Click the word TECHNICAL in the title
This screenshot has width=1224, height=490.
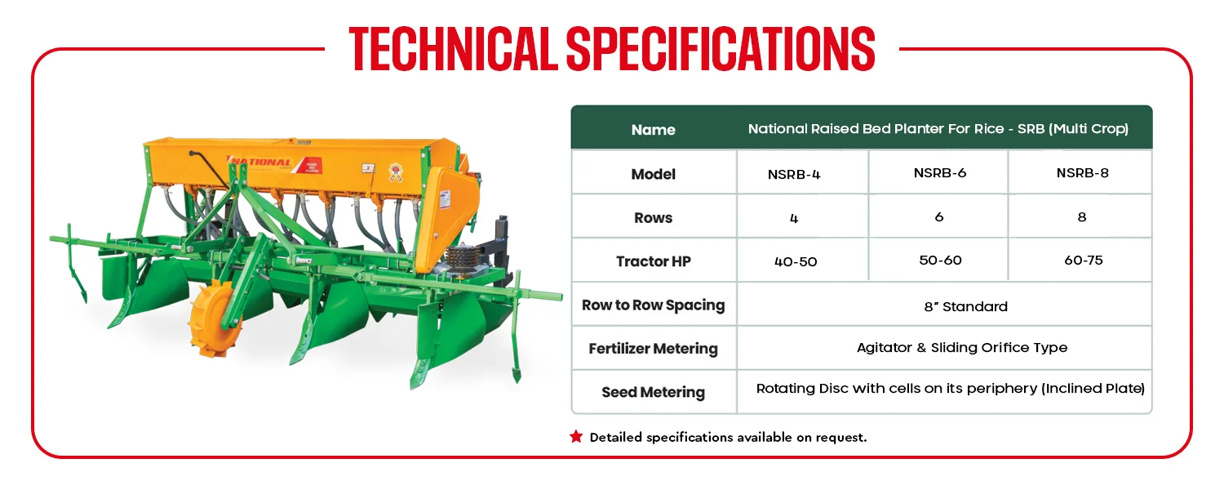453,49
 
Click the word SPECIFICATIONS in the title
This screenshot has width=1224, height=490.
721,49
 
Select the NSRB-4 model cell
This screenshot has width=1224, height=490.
794,175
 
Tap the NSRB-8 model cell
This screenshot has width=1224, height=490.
1083,173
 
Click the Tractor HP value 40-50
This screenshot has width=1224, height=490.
796,261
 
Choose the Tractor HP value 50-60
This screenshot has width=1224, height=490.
940,260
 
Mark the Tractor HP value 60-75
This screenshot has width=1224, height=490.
1084,260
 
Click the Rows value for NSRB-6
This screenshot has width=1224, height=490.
939,216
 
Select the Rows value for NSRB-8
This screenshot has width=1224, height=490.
1082,216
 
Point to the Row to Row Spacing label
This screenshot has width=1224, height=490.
653,305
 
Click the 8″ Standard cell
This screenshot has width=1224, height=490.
965,306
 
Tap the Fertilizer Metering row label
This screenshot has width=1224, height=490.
653,349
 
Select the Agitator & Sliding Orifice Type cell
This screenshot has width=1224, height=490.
962,347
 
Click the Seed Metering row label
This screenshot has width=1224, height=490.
653,392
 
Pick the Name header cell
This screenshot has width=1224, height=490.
653,130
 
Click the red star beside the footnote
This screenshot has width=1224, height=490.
576,436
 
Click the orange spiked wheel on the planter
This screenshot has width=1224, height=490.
216,320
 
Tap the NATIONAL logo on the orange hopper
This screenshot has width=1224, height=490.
260,163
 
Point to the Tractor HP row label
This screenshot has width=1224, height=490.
653,261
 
